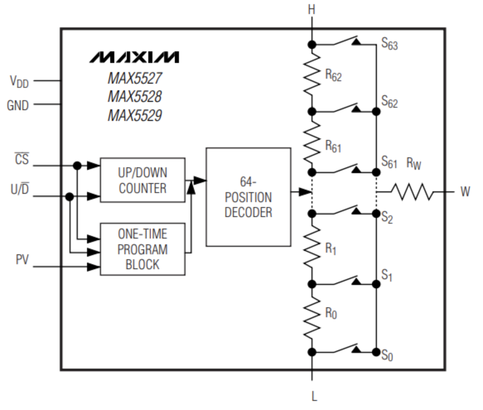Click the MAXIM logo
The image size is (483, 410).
coord(135,57)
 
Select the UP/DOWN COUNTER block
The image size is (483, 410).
coord(142,180)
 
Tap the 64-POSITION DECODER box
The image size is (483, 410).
coord(248,197)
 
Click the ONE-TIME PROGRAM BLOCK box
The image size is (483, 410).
coord(142,249)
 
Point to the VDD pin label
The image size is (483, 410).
coord(19,82)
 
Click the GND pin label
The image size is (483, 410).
coord(18,106)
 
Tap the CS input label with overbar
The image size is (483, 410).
coord(22,159)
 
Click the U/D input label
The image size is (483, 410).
coord(20,191)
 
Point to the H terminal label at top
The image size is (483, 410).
coord(312,10)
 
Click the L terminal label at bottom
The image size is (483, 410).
coord(314,396)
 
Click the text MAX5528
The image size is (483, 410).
coord(135,96)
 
